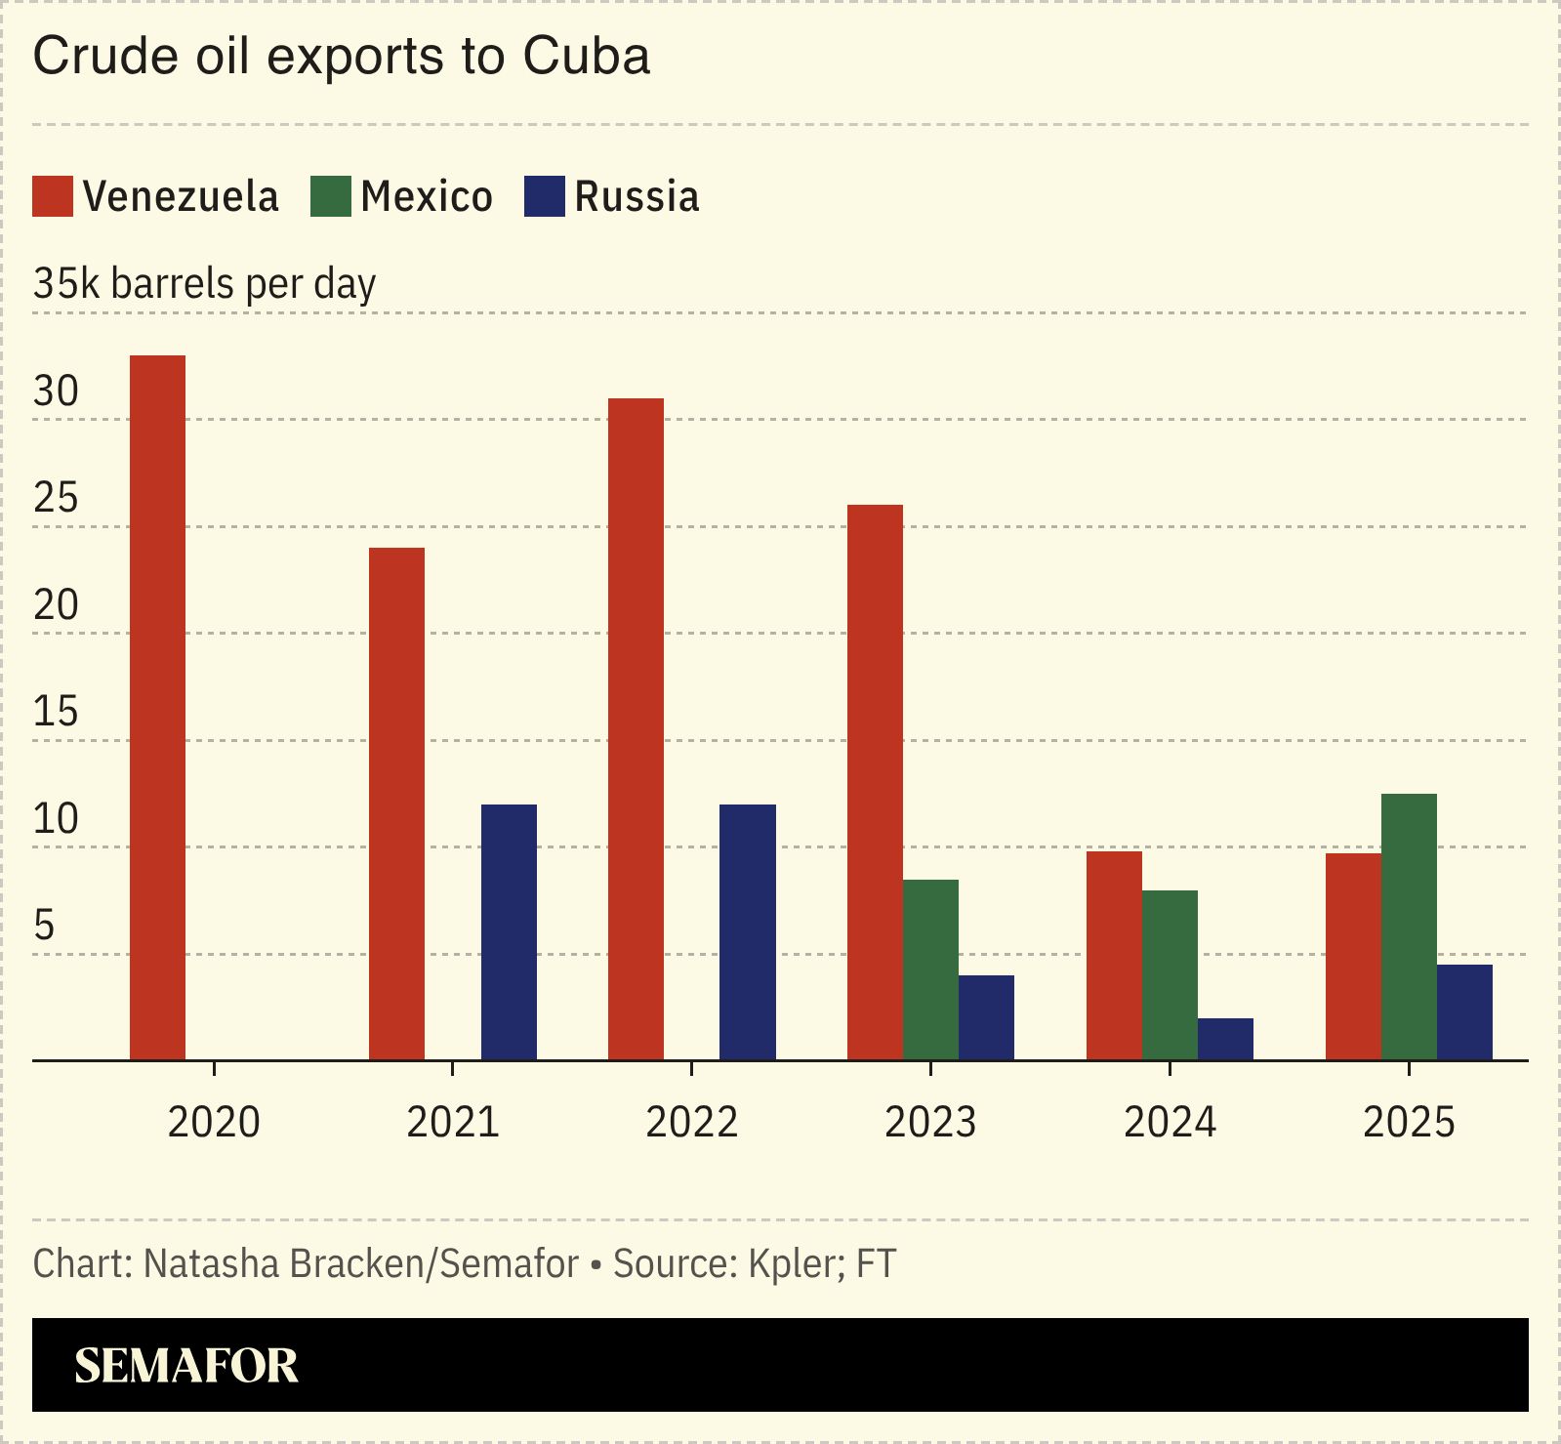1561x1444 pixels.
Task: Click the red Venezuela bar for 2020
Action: click(x=157, y=708)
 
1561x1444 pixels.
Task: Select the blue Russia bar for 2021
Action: click(x=509, y=932)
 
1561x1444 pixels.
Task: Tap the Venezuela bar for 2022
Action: click(x=636, y=729)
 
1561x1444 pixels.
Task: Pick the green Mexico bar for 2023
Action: click(x=930, y=970)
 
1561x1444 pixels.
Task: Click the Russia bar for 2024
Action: click(x=1225, y=1039)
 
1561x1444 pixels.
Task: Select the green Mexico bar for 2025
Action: click(x=1409, y=927)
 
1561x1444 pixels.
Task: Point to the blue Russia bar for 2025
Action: click(x=1464, y=1012)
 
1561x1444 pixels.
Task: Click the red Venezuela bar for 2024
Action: click(x=1114, y=956)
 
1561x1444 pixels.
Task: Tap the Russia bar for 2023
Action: click(x=986, y=1017)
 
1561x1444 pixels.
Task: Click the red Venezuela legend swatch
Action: click(x=53, y=196)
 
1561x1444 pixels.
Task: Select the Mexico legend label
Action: click(x=427, y=196)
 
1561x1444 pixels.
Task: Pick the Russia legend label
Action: click(x=637, y=196)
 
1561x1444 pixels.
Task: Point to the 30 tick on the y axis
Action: click(x=56, y=392)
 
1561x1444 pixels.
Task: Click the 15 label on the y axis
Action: click(x=56, y=712)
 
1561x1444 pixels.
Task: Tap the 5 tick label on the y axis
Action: click(x=44, y=926)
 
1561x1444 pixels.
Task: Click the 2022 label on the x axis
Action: click(x=691, y=1122)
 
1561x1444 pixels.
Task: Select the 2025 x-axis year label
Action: click(x=1408, y=1122)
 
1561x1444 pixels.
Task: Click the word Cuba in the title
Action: click(x=586, y=56)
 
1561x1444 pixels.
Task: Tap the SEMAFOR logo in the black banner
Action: click(x=185, y=1365)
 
